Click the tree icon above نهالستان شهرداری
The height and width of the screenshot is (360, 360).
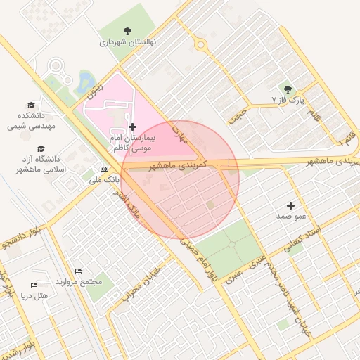click(127, 31)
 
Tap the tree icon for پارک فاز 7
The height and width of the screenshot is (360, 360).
click(288, 89)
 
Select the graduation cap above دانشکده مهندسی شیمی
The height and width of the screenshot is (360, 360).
click(30, 104)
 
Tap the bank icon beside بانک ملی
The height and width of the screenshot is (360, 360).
click(105, 169)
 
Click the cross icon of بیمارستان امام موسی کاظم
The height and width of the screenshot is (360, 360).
click(132, 127)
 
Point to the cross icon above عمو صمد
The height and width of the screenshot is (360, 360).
click(290, 205)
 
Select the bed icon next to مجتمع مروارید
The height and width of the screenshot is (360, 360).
click(78, 271)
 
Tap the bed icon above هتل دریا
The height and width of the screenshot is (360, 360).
click(34, 285)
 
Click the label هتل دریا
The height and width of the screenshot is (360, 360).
click(34, 295)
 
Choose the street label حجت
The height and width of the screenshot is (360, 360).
click(240, 113)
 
